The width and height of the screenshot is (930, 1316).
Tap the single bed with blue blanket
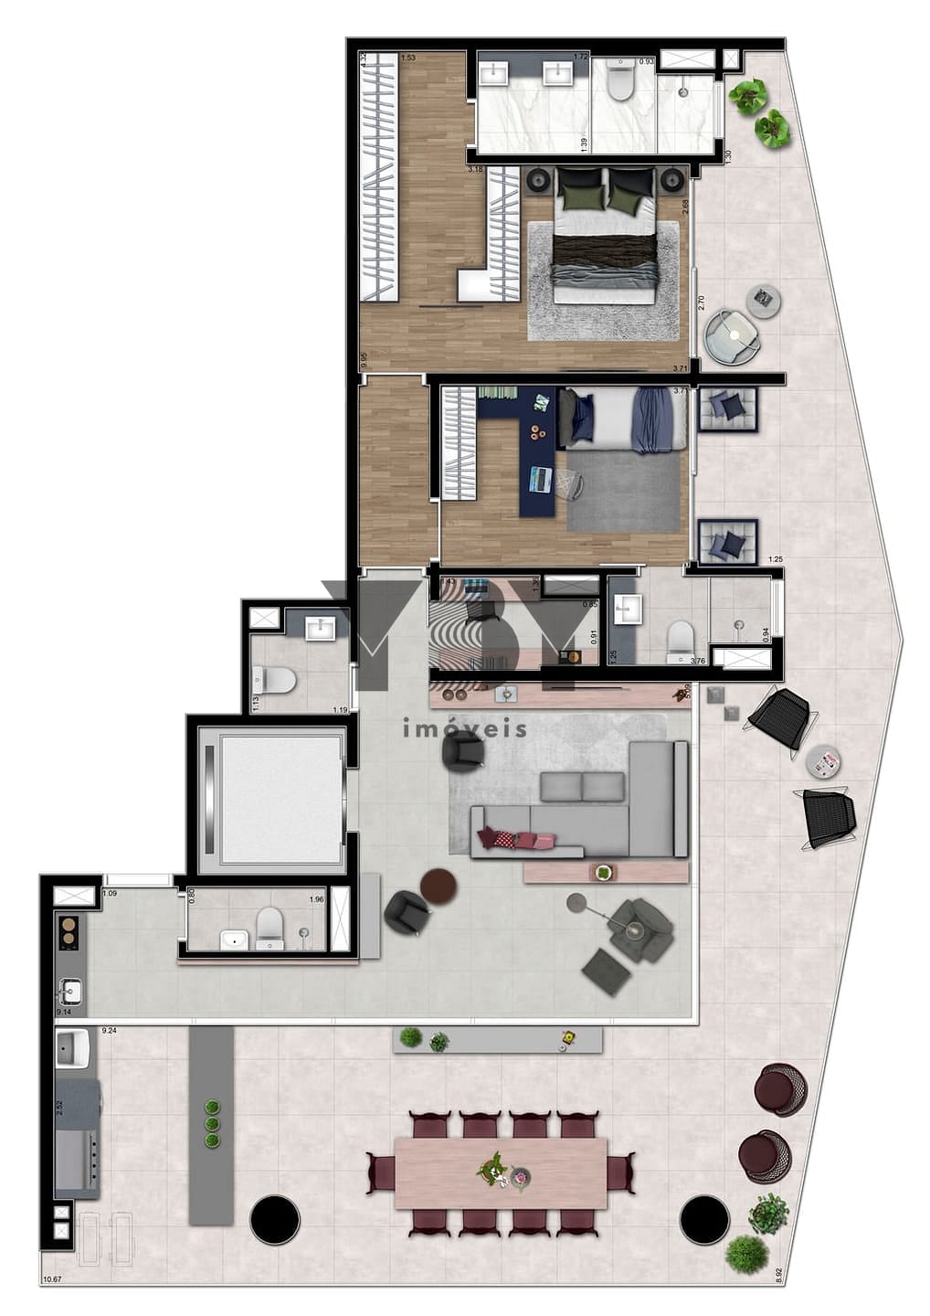[x=621, y=419]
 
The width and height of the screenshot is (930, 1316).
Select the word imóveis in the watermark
[x=465, y=729]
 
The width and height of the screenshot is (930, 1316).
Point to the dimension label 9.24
[x=109, y=1030]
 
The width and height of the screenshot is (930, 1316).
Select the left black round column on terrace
[x=274, y=1219]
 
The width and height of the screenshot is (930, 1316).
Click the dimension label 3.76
[x=699, y=661]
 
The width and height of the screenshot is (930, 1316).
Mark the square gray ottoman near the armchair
[x=607, y=971]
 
